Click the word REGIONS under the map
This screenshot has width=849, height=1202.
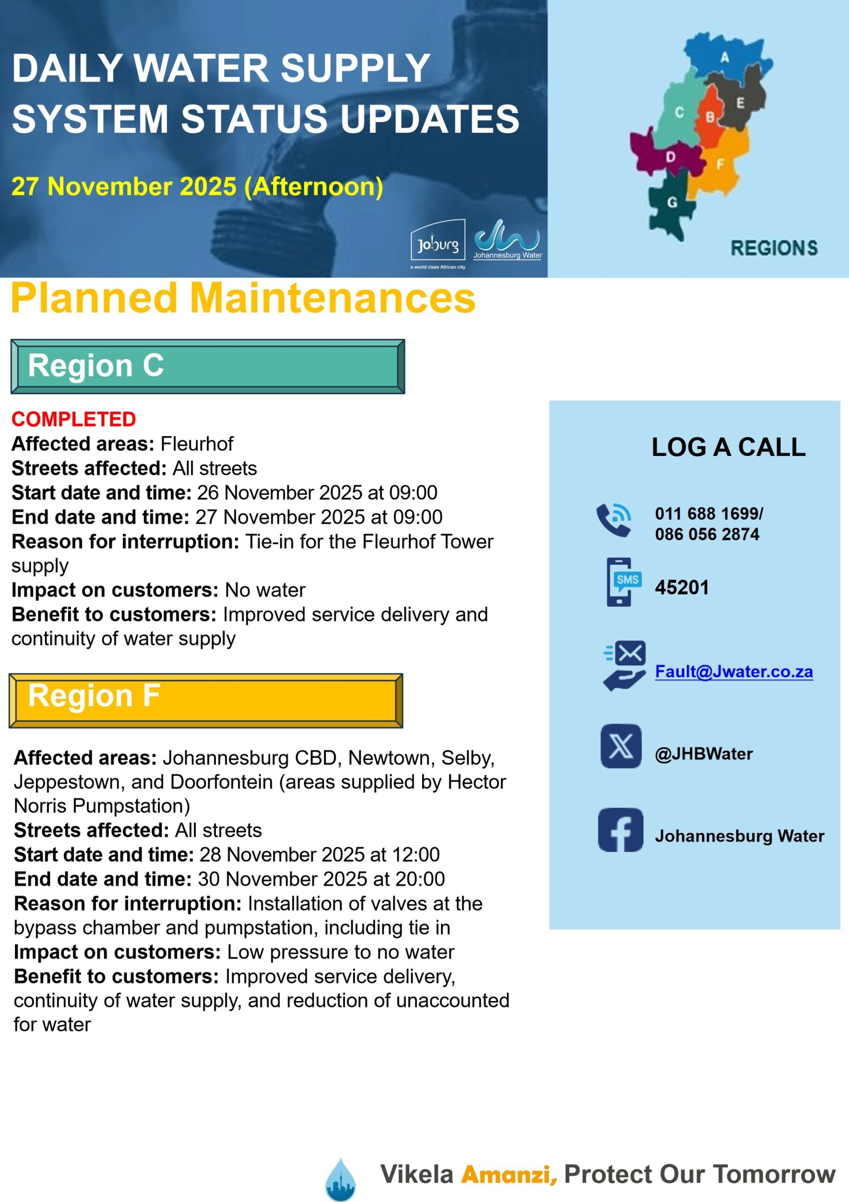tap(773, 247)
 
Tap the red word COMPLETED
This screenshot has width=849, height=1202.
tap(74, 419)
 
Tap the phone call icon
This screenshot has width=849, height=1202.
tap(614, 520)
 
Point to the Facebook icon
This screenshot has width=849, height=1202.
tap(621, 830)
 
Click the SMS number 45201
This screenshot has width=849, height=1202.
tap(682, 587)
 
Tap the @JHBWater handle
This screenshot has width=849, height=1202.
tap(704, 754)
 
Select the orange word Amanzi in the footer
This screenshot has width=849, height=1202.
tap(508, 1174)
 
